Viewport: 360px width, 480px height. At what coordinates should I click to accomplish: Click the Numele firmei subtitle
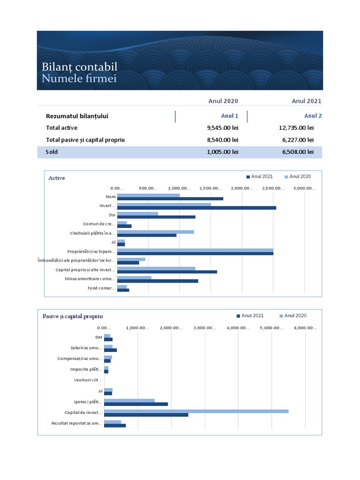point(79,78)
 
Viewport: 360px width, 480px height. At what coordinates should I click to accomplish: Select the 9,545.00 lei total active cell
point(223,127)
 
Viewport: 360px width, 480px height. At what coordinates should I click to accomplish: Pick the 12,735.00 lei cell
point(296,127)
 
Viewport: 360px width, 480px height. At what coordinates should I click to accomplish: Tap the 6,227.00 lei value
point(298,140)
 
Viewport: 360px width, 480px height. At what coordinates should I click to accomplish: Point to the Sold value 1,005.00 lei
point(223,152)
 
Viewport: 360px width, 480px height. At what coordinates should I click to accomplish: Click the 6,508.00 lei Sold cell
point(298,152)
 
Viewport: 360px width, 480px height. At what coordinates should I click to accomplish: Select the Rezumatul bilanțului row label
point(77,116)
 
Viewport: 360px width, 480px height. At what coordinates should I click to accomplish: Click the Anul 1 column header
point(230,116)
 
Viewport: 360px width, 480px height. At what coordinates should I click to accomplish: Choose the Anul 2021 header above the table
point(307,101)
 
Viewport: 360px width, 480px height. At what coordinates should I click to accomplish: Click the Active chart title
point(57,178)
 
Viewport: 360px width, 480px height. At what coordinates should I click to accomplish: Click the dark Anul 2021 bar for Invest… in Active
point(196,208)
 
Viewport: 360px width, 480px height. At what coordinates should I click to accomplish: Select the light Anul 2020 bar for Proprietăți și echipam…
point(195,250)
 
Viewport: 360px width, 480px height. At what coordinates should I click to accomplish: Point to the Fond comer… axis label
point(101,288)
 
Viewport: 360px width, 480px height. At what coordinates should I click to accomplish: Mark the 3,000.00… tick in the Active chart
point(305,188)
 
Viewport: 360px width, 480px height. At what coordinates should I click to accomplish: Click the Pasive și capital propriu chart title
point(73,316)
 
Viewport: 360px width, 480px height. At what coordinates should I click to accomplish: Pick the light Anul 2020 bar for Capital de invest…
point(196,411)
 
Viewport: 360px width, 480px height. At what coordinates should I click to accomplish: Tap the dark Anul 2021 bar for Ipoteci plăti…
point(136,404)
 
